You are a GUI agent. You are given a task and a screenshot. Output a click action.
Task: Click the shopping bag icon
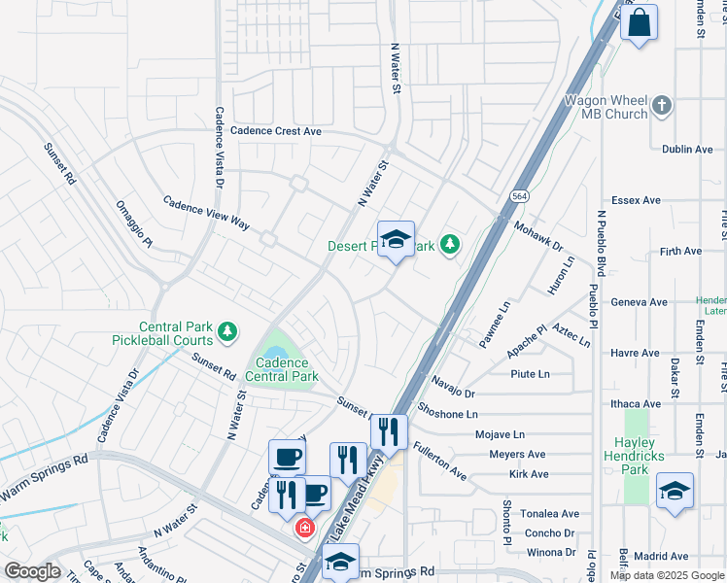640,22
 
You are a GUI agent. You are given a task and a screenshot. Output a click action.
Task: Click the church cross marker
662,105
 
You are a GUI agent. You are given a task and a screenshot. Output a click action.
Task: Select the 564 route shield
521,194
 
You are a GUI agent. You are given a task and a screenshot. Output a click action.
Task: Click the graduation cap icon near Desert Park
396,240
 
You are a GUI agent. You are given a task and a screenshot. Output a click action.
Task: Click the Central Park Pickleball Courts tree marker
226,333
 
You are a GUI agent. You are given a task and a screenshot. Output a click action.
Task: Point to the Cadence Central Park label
282,369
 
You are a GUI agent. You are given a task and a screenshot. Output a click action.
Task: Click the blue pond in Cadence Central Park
275,353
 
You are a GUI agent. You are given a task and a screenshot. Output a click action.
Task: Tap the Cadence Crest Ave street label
267,131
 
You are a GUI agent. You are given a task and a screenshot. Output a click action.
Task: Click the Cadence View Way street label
205,214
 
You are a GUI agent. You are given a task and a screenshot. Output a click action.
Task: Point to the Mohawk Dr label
538,234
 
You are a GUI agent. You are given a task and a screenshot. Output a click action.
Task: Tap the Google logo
32,571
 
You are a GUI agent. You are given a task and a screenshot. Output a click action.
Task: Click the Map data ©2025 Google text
667,575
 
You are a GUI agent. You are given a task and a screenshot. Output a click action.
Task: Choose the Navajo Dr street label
452,387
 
